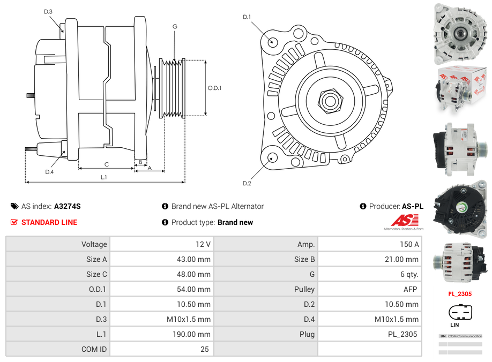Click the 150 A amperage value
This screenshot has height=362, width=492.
coord(409,244)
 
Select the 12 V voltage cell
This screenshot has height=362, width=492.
coord(203,244)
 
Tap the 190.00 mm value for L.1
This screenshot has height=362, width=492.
coord(196,334)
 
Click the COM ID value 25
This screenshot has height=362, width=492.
coord(204,349)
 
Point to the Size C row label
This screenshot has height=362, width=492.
coord(96,274)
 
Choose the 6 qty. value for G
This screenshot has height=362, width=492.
coord(410,274)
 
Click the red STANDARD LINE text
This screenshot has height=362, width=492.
coord(49,222)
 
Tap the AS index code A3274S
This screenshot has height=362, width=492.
coord(68,206)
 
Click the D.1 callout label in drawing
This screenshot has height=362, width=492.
coord(247,17)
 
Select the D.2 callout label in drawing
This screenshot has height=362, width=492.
coord(247,184)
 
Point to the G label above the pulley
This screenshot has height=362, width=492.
coord(175,26)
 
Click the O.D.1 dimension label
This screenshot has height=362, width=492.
coord(214,88)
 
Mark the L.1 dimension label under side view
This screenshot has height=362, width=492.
coord(104,177)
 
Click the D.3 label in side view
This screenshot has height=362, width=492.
coord(48,11)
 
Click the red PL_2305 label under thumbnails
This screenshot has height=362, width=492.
coord(460,293)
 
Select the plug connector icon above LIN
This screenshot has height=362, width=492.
coord(459,312)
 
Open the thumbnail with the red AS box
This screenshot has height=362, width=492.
coord(460,89)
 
